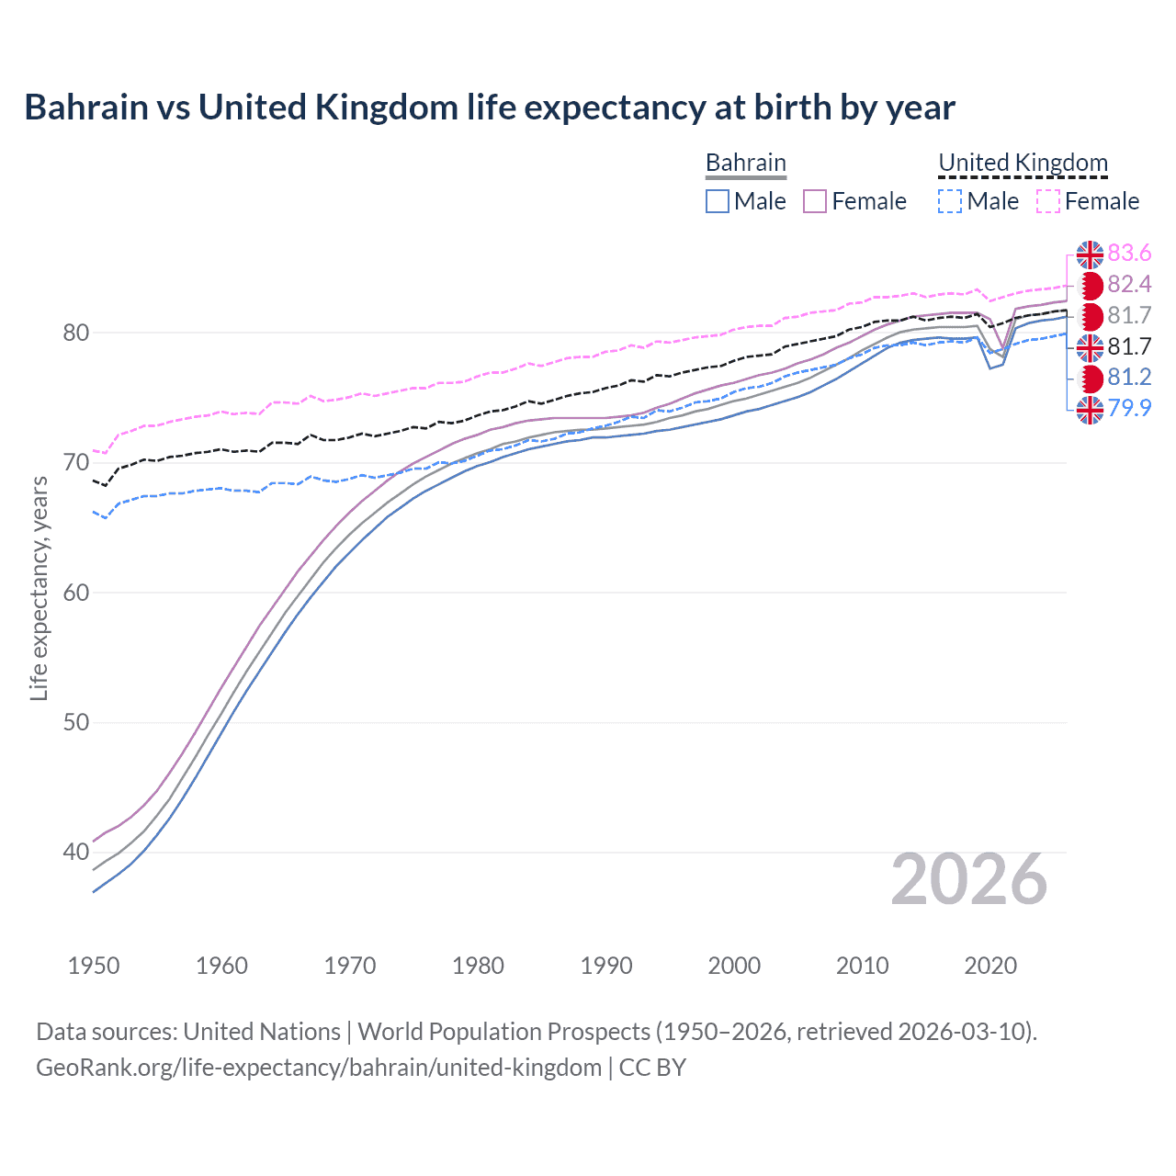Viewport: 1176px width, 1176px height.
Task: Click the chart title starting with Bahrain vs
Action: point(490,107)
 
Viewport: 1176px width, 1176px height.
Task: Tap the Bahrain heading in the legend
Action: point(745,163)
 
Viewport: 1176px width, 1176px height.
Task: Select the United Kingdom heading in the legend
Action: point(1023,163)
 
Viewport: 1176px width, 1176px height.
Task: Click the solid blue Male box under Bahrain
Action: point(718,201)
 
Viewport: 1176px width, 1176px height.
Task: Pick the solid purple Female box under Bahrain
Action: point(815,201)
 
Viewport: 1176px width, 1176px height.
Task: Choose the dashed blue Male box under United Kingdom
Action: point(950,201)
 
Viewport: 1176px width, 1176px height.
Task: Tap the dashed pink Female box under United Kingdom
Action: point(1048,201)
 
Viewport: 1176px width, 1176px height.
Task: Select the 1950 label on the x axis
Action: point(94,966)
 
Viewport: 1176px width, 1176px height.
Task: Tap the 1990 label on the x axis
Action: point(606,966)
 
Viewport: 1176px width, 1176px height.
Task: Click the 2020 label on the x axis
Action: point(990,966)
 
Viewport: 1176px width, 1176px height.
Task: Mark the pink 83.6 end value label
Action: point(1129,254)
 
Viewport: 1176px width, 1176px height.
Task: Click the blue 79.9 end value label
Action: point(1129,408)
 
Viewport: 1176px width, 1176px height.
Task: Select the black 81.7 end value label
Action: point(1129,346)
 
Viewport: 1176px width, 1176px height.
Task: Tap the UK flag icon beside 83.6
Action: point(1090,254)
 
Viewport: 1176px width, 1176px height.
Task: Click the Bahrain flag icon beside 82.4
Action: point(1090,285)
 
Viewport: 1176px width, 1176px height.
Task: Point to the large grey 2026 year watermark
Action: point(968,879)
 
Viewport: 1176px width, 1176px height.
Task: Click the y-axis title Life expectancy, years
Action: point(39,588)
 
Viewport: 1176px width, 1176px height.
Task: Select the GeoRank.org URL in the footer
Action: point(319,1068)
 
